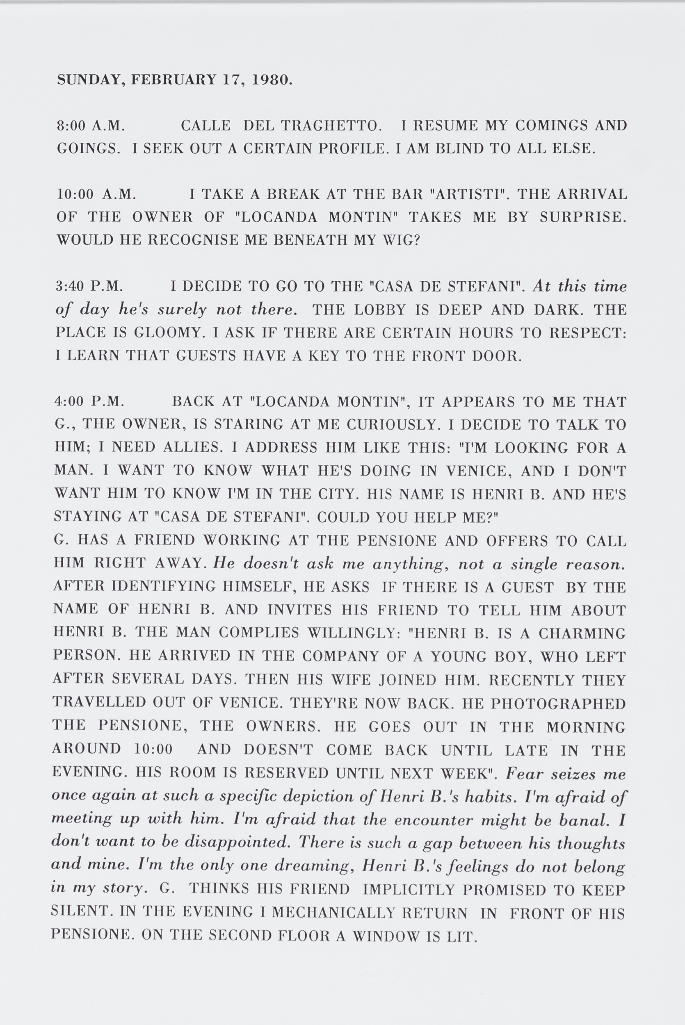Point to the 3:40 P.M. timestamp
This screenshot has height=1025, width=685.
pos(89,286)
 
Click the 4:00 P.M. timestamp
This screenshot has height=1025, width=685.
pos(89,401)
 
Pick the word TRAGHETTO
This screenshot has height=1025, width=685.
pos(331,126)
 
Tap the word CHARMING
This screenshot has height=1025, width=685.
pos(582,633)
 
